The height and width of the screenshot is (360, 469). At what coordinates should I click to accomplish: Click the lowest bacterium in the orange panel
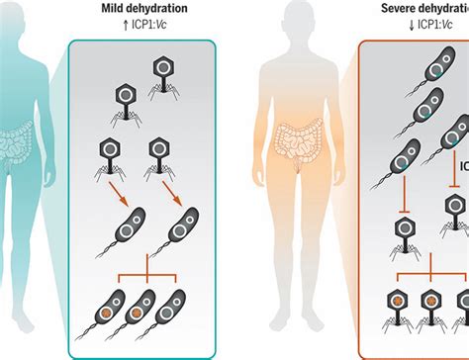coord(455,209)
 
